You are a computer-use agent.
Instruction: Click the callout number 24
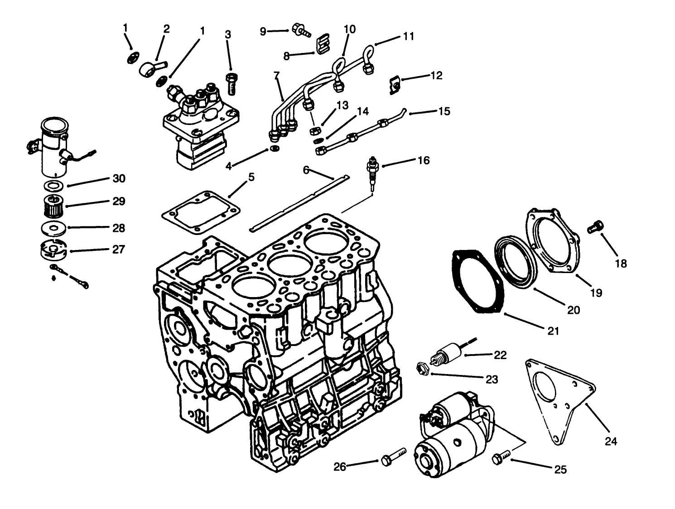[611, 440]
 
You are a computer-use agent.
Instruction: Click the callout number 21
[553, 331]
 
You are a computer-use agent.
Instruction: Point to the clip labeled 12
[395, 86]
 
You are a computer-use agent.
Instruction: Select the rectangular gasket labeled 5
[200, 213]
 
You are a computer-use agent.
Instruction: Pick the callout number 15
[444, 111]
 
